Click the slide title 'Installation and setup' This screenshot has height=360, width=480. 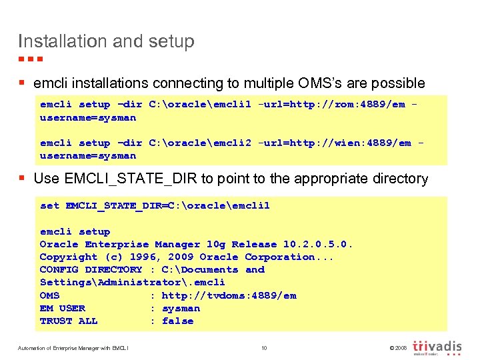pos(106,41)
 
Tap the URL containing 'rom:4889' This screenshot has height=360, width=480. pos(331,105)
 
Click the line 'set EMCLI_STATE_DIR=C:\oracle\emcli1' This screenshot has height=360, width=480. pos(155,206)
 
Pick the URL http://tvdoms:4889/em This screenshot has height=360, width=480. pos(229,295)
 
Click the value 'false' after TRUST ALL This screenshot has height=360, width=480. pos(177,321)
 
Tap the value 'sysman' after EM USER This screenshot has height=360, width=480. pos(181,308)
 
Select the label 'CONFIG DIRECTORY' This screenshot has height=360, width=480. pos(91,269)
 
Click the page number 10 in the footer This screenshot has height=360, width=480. pos(264,347)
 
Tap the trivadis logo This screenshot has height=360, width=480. pos(437,347)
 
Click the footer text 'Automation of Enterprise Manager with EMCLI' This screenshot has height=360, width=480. pos(73,347)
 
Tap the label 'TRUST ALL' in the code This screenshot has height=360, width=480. pos(69,321)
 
